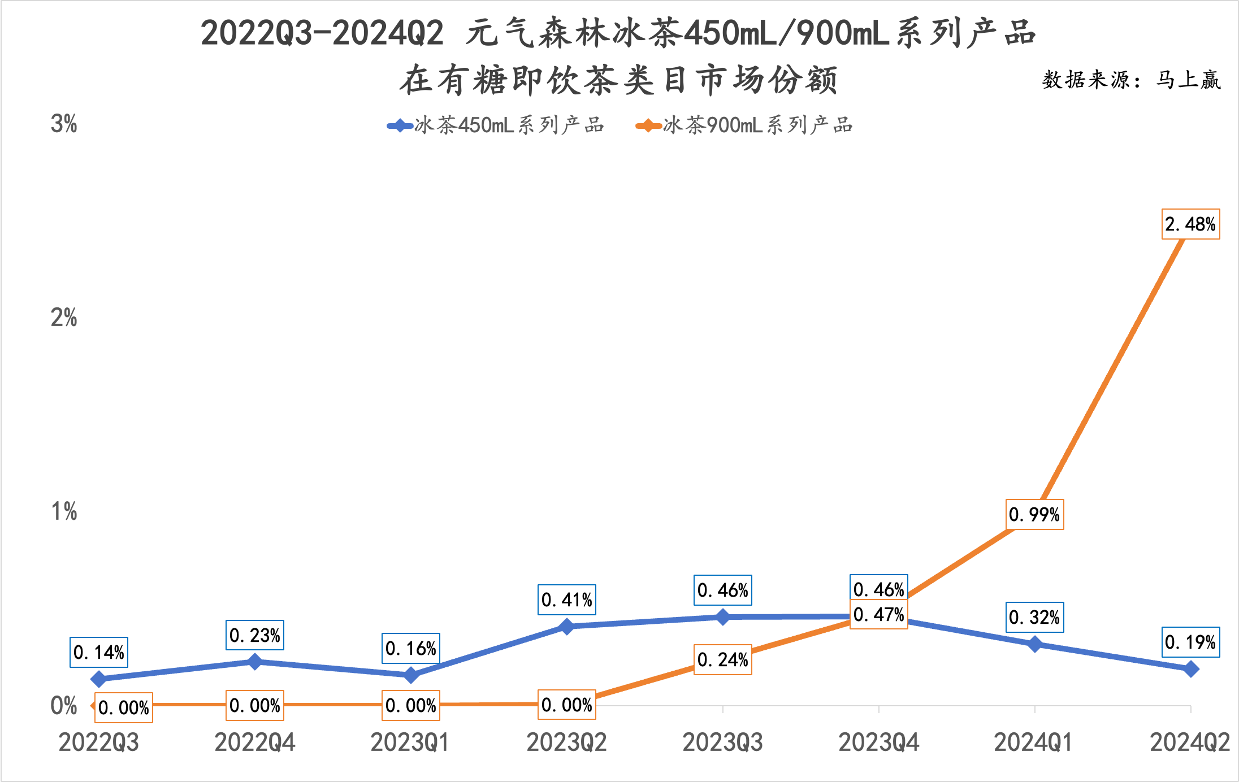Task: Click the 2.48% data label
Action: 1190,224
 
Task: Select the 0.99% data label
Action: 1034,514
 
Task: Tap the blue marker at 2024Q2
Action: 1191,669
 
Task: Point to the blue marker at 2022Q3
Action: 99,679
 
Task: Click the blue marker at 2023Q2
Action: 567,626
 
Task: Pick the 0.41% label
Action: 567,599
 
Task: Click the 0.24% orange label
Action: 723,659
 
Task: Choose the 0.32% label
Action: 1034,617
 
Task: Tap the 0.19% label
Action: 1190,642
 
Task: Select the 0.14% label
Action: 99,652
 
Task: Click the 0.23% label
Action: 255,635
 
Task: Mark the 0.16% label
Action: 411,648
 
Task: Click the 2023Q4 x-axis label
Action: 879,742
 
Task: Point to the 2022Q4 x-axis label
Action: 255,742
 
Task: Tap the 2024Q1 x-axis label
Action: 1034,742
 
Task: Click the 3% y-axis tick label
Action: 64,124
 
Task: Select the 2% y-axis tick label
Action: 64,318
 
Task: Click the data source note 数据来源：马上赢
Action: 1132,80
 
